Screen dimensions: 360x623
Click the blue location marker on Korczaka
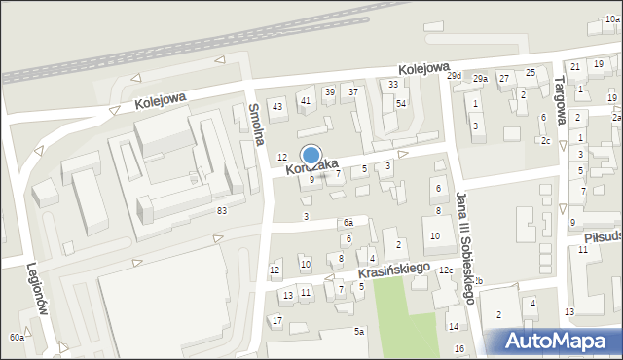point(311,156)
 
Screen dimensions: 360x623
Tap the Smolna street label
point(256,124)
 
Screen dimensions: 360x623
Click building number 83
point(222,211)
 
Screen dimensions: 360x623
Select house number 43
point(277,106)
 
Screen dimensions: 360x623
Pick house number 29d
point(454,76)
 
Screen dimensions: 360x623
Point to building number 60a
point(17,337)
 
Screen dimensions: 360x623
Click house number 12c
point(446,270)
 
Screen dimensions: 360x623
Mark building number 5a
point(359,332)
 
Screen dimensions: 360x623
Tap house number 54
point(400,103)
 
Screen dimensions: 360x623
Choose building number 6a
point(348,223)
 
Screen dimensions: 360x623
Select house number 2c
point(546,141)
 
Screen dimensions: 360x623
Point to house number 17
point(277,320)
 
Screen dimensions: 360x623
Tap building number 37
point(353,92)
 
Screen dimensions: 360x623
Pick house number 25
point(531,73)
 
